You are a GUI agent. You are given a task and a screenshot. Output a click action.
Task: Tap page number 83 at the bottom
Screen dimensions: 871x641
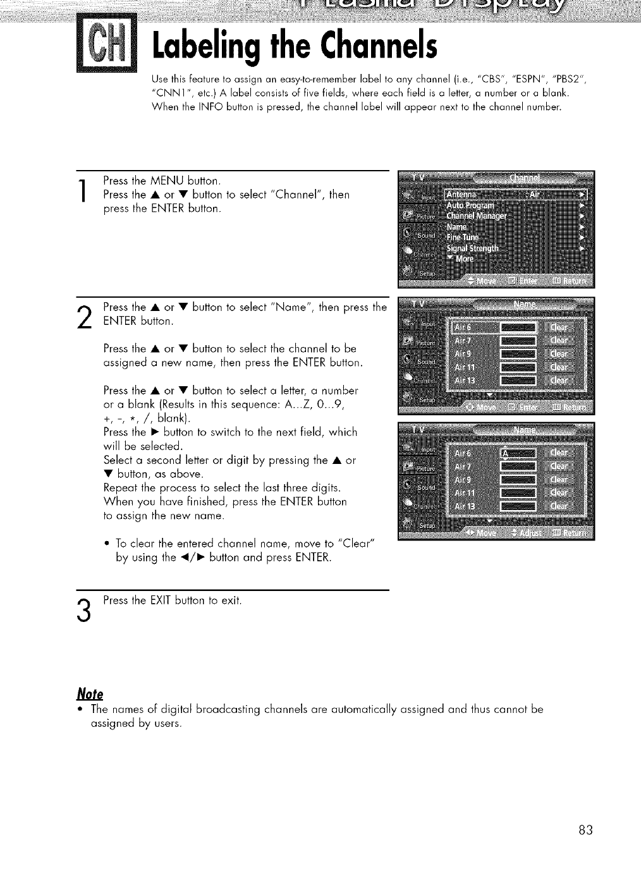tap(585, 829)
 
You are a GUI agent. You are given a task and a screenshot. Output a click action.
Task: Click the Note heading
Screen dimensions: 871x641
tap(90, 693)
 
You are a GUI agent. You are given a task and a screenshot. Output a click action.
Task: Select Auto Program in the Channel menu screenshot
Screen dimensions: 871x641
tap(471, 205)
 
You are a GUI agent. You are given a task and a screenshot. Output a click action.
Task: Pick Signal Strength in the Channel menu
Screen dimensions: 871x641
tap(472, 248)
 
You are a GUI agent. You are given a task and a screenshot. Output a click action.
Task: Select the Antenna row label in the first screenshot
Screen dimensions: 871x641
tap(463, 194)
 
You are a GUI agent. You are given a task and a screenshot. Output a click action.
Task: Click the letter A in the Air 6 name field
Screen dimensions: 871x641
tap(504, 454)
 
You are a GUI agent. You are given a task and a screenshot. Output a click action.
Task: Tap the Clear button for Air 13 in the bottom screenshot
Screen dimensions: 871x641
tap(559, 506)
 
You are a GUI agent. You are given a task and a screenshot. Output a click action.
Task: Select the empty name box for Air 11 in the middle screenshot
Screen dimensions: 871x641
tap(517, 367)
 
